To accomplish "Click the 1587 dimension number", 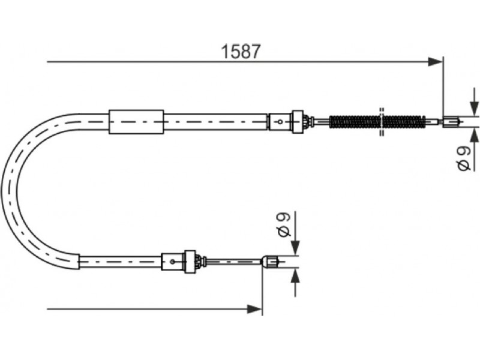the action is click(x=241, y=52).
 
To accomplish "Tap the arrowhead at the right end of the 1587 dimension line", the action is click(x=435, y=62).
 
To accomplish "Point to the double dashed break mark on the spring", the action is click(x=382, y=122).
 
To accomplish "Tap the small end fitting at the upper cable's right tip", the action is click(x=451, y=122).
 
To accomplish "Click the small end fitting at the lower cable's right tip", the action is click(x=270, y=262).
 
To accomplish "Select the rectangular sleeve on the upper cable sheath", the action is click(x=136, y=122).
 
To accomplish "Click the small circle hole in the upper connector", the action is click(x=280, y=122).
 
